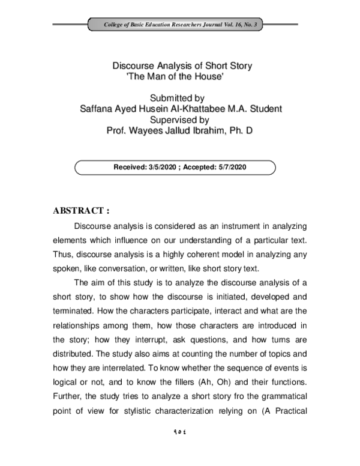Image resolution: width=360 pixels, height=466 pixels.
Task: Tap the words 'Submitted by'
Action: click(179, 98)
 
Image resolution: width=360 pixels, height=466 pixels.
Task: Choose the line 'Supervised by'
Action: click(179, 119)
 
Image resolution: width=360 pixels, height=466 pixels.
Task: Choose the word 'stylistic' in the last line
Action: click(167, 411)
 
